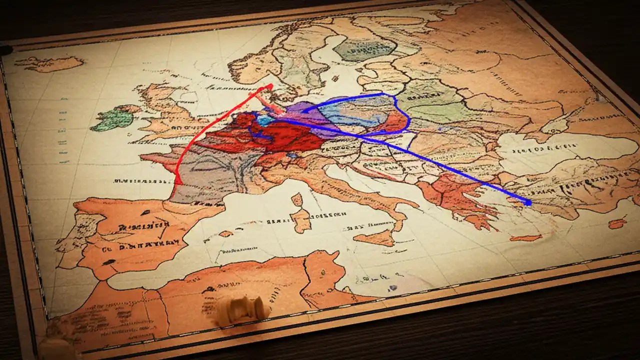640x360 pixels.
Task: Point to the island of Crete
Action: [525, 238]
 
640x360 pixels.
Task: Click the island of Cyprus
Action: [617, 223]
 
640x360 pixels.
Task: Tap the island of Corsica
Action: [297, 199]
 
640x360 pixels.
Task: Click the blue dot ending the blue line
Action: [528, 202]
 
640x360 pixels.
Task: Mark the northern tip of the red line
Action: [270, 86]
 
